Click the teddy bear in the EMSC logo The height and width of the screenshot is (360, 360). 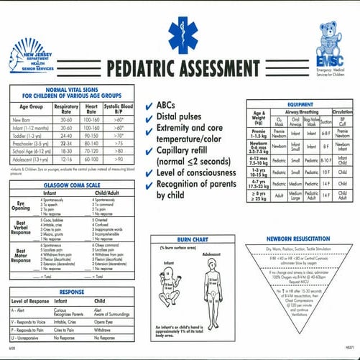tap(334, 37)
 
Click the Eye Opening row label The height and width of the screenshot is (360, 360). tap(22, 206)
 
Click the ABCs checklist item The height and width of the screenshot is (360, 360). tap(165, 105)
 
